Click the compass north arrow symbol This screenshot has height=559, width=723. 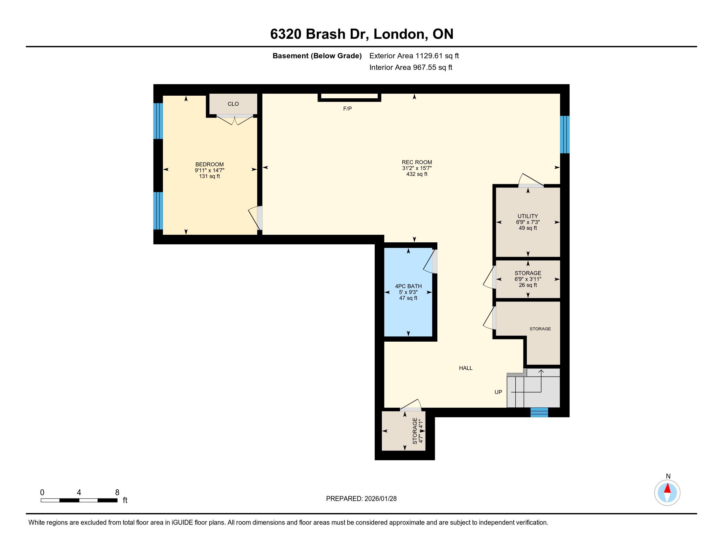[667, 493]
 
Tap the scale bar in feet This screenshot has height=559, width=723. [79, 500]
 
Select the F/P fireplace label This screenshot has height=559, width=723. [347, 109]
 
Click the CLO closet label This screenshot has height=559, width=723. [233, 104]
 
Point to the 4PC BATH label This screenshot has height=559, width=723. [408, 286]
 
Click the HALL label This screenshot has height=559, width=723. [465, 368]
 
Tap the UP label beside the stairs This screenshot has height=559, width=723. [498, 392]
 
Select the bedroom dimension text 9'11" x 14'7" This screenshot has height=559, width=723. [210, 170]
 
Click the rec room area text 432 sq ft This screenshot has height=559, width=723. [417, 174]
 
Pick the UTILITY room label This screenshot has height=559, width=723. [528, 216]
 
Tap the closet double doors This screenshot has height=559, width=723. [235, 120]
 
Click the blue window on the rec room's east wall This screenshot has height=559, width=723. [565, 134]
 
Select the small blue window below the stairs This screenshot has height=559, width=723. [539, 412]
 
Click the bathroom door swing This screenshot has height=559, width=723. [431, 262]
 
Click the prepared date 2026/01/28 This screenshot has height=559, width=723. [380, 499]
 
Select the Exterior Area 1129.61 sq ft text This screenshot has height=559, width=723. [414, 56]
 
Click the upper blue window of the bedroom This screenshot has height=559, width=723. [158, 121]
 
